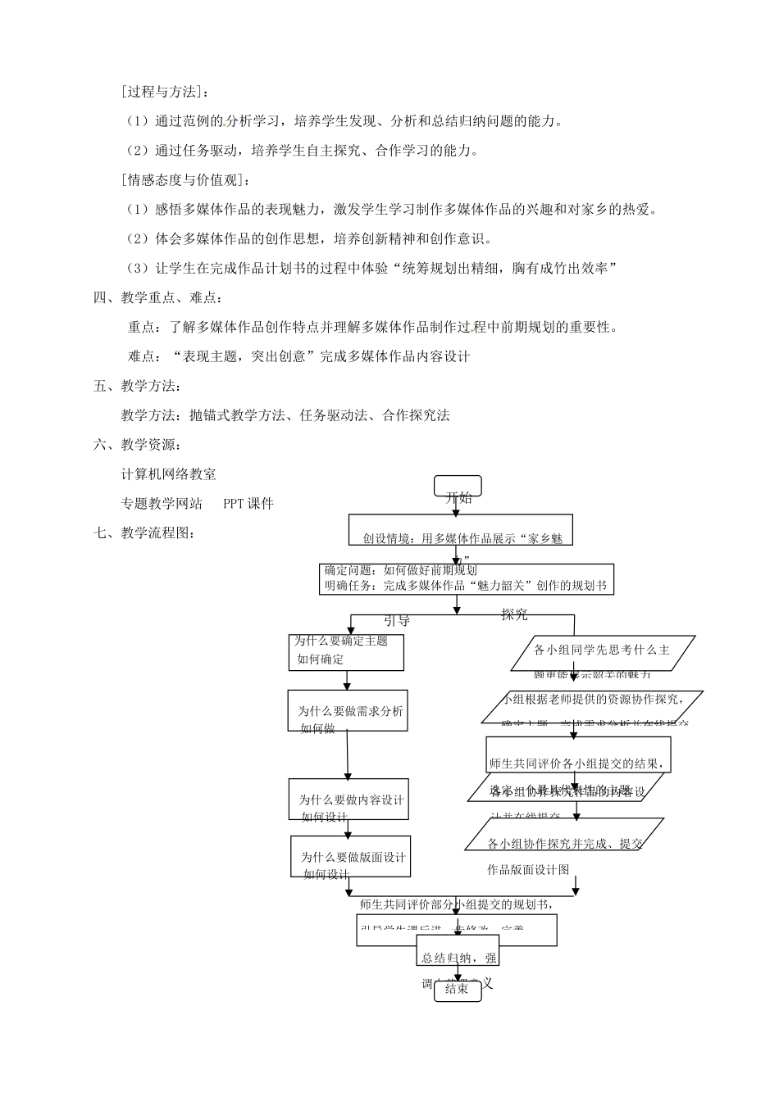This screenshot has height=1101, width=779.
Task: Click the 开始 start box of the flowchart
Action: pyautogui.click(x=458, y=487)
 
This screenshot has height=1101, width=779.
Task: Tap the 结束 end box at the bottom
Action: pyautogui.click(x=457, y=989)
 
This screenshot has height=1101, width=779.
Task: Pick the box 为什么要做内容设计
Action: pyautogui.click(x=348, y=799)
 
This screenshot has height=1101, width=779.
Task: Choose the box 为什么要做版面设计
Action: pyautogui.click(x=351, y=857)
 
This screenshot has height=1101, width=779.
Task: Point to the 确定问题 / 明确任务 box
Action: pyautogui.click(x=466, y=578)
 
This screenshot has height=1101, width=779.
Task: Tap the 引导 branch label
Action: pyautogui.click(x=397, y=621)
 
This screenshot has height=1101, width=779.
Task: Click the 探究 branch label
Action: pyautogui.click(x=515, y=614)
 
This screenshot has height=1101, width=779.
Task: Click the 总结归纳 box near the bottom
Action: pyautogui.click(x=458, y=956)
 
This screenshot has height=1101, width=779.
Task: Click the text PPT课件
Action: pyautogui.click(x=248, y=504)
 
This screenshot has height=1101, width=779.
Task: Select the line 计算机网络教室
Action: pyautogui.click(x=169, y=474)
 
